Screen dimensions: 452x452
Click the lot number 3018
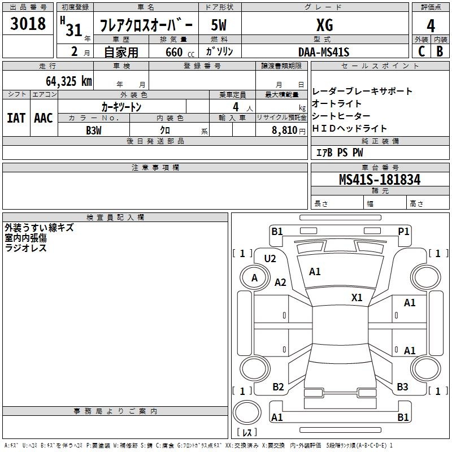pyautogui.click(x=28, y=23)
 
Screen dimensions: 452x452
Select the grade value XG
pyautogui.click(x=324, y=25)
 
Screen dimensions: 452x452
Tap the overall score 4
pyautogui.click(x=431, y=26)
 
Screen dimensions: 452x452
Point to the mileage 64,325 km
pyautogui.click(x=69, y=81)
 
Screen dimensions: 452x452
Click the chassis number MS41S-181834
pyautogui.click(x=380, y=179)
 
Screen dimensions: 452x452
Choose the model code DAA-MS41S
pyautogui.click(x=324, y=52)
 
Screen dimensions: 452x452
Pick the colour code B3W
pyautogui.click(x=94, y=131)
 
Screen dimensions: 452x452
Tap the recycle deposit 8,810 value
pyautogui.click(x=284, y=130)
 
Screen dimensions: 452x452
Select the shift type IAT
pyautogui.click(x=16, y=118)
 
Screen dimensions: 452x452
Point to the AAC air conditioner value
pyautogui.click(x=44, y=118)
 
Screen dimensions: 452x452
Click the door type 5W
pyautogui.click(x=219, y=25)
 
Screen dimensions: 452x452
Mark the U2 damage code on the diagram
pyautogui.click(x=270, y=259)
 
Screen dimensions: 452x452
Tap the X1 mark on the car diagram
pyautogui.click(x=357, y=297)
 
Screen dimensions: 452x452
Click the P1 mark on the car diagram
pyautogui.click(x=403, y=231)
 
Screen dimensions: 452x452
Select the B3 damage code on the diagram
pyautogui.click(x=402, y=387)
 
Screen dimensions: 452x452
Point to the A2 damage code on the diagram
pyautogui.click(x=280, y=282)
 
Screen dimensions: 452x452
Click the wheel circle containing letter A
pyautogui.click(x=255, y=278)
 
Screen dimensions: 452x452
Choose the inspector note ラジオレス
pyautogui.click(x=25, y=248)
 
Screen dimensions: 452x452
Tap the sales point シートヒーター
pyautogui.click(x=341, y=116)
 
